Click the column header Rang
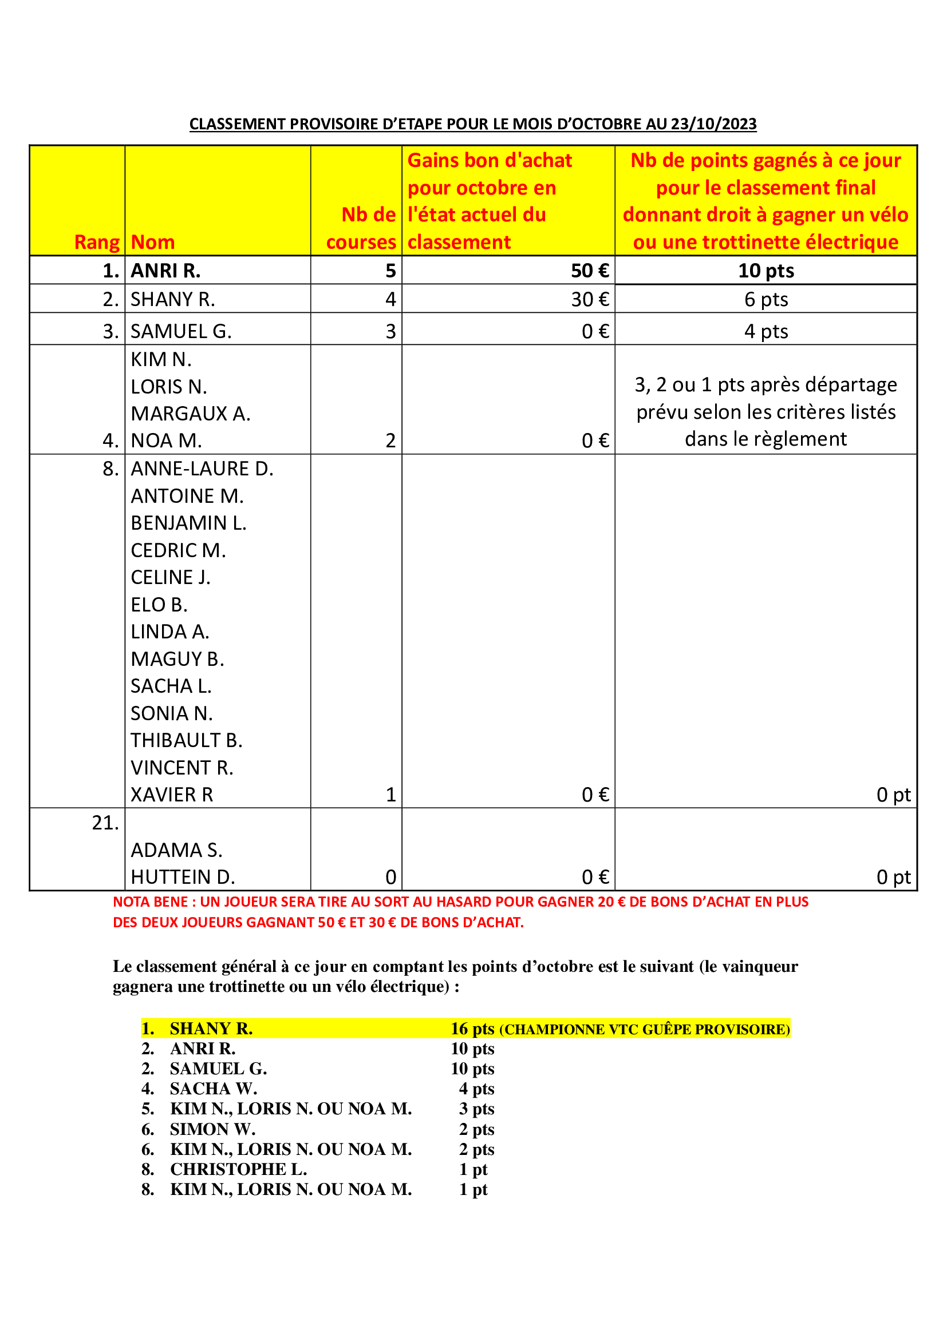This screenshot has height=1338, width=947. (x=97, y=242)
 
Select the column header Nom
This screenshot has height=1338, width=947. (x=153, y=242)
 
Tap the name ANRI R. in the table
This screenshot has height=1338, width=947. (x=165, y=271)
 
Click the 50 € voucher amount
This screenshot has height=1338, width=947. (x=590, y=271)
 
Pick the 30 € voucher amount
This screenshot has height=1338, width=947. (x=590, y=300)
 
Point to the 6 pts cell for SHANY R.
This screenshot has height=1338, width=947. (x=766, y=300)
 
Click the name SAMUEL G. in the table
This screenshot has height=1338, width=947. (x=181, y=332)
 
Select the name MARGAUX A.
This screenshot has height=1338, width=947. (x=190, y=414)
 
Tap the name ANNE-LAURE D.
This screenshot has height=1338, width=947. (x=202, y=469)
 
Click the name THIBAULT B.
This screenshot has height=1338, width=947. (x=186, y=741)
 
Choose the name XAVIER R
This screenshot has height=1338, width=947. (x=171, y=795)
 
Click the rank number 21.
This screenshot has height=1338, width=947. (x=105, y=823)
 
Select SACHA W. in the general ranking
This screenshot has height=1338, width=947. (x=214, y=1089)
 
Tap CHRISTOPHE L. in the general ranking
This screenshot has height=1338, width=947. (x=238, y=1169)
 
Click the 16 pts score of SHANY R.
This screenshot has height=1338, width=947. (x=472, y=1029)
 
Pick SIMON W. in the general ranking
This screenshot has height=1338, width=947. (x=212, y=1129)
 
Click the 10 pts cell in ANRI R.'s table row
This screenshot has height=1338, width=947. (x=766, y=271)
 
